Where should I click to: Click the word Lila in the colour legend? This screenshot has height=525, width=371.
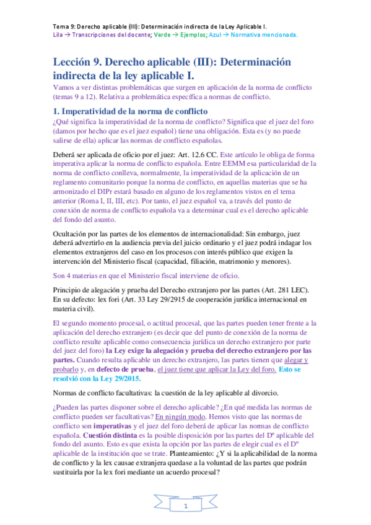point(59,35)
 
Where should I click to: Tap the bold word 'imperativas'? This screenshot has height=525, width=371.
point(106,426)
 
